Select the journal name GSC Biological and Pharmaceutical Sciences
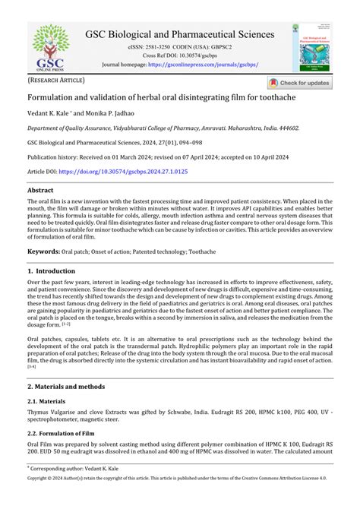tap(180, 34)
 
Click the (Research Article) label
tap(57, 80)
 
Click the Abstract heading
tap(40, 191)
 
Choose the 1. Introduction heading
tap(52, 270)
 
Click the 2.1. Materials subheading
tap(49, 400)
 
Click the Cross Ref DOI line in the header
tap(179, 56)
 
